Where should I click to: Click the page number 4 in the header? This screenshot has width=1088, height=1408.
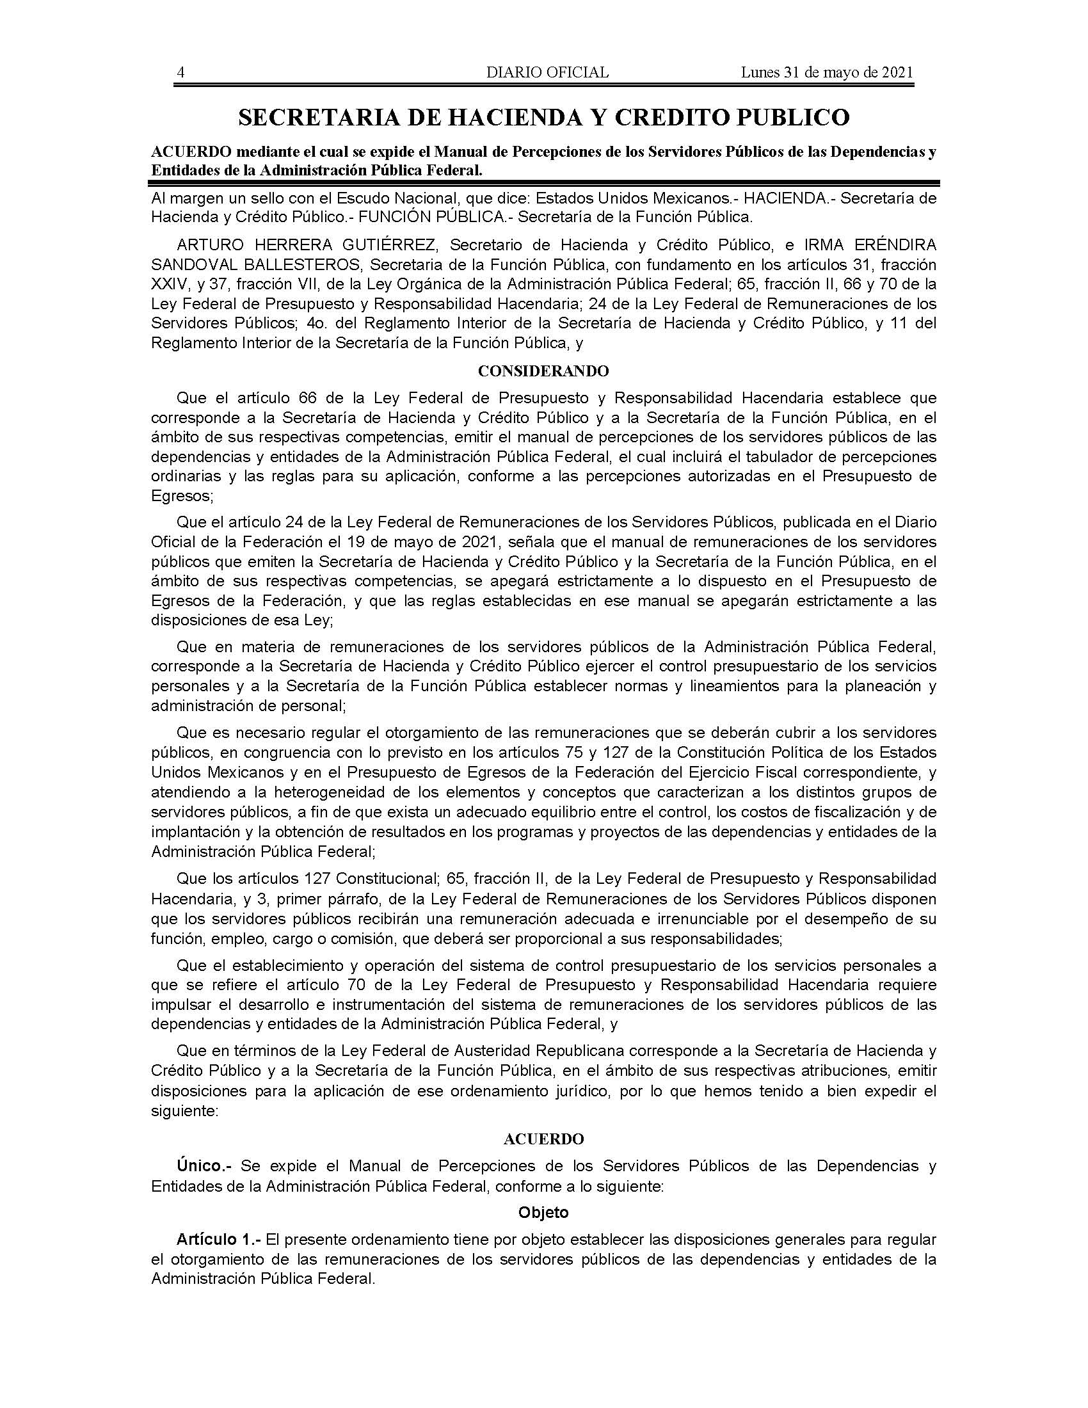click(181, 72)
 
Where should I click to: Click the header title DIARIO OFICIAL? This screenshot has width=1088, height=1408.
click(547, 72)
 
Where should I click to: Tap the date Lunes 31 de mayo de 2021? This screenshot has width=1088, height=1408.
click(826, 72)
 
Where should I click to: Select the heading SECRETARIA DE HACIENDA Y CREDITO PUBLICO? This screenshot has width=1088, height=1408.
click(544, 117)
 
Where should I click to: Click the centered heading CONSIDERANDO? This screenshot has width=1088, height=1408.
click(543, 371)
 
